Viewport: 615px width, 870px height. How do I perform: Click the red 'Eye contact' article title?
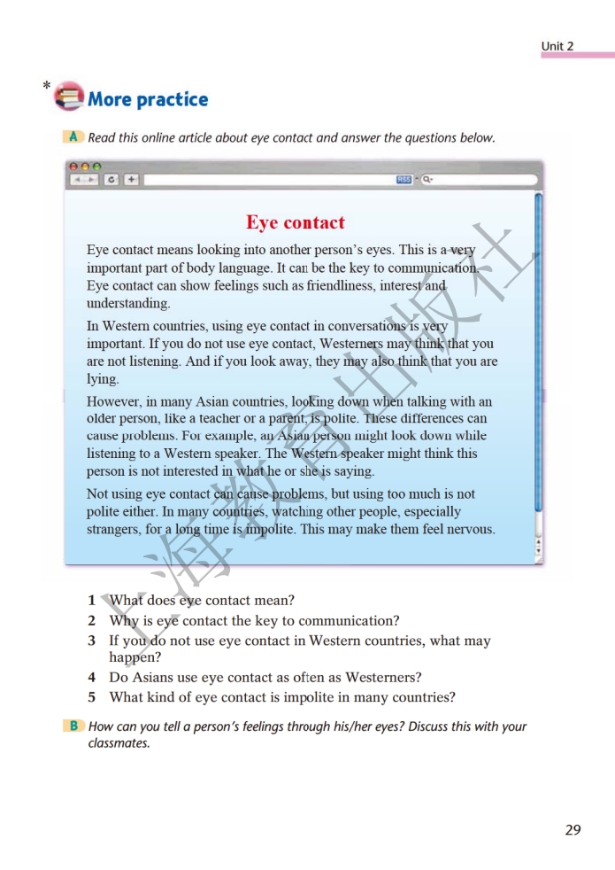296,222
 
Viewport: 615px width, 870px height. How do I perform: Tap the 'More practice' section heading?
148,99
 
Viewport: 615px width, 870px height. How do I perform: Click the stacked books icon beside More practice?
69,97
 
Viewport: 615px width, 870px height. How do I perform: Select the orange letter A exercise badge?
73,137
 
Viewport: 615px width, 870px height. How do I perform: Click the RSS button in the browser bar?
404,180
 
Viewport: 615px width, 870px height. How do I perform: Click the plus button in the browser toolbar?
131,180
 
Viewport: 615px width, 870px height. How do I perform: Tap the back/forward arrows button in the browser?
86,180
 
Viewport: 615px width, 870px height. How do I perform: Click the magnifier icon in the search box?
427,180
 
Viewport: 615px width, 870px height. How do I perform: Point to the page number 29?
573,830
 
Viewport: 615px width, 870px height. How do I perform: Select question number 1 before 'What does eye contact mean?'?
91,601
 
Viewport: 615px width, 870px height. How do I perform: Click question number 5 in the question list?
91,697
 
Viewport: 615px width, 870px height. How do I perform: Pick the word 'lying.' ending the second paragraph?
103,379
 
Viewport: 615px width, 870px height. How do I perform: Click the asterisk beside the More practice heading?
46,87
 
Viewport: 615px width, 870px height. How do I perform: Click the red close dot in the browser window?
74,166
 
